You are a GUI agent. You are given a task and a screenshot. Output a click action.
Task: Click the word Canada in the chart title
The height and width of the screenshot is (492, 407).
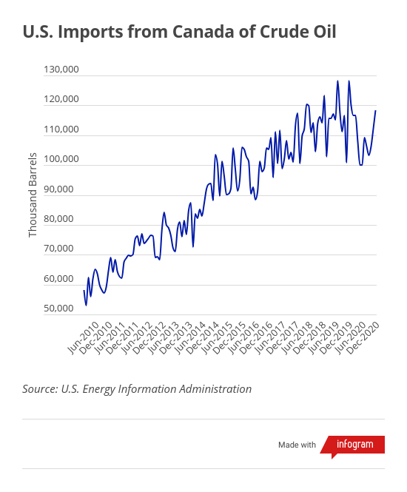click(203, 32)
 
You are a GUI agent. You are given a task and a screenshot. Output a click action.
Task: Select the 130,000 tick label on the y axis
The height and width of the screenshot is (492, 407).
click(61, 70)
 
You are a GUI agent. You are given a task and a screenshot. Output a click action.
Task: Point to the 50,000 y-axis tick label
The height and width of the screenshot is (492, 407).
click(58, 309)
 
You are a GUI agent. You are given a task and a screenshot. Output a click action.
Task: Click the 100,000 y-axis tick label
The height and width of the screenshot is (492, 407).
click(61, 159)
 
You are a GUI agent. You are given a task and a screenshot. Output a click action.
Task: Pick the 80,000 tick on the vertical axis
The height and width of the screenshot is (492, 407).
click(58, 219)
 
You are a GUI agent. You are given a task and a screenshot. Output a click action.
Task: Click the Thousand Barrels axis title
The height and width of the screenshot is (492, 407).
click(33, 195)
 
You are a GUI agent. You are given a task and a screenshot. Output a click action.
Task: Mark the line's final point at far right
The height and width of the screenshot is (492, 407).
click(376, 111)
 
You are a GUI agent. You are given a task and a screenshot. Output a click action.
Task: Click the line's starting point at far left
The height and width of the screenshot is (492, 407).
click(84, 291)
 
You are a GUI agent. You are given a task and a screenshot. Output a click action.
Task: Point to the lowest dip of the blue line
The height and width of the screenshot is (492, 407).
click(86, 306)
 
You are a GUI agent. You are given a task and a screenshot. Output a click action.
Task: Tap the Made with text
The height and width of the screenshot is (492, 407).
click(297, 445)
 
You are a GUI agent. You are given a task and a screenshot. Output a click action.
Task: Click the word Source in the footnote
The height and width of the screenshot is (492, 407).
click(40, 389)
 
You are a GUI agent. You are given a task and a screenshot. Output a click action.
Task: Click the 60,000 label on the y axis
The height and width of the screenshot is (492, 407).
click(58, 279)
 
